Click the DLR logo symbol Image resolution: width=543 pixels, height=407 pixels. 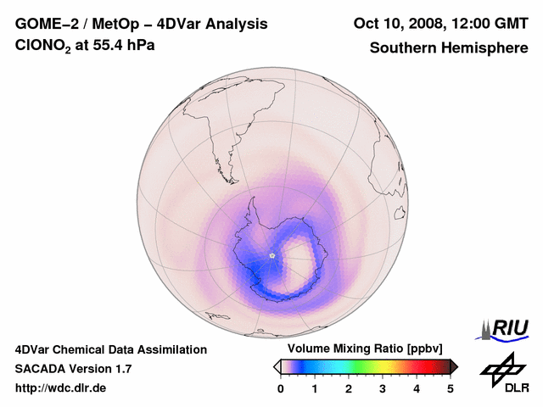tap(501, 368)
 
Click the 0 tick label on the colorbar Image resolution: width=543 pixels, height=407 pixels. tap(281, 388)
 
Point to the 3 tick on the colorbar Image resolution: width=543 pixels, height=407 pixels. tap(383, 388)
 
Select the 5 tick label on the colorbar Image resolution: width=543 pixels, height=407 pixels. tap(451, 388)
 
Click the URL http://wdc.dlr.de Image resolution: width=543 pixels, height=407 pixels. tap(61, 388)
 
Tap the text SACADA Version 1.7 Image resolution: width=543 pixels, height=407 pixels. tap(73, 369)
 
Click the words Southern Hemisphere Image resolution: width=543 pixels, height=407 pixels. tap(449, 47)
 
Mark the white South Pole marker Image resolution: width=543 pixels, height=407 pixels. tap(271, 255)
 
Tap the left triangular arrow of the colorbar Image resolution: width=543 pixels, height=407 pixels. tap(277, 366)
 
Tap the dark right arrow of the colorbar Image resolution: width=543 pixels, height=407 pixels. tap(454, 366)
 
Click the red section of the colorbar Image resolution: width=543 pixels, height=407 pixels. tap(416, 366)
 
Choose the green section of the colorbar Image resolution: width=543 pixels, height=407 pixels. tap(356, 366)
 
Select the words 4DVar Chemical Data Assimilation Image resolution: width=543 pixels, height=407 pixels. tap(110, 349)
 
